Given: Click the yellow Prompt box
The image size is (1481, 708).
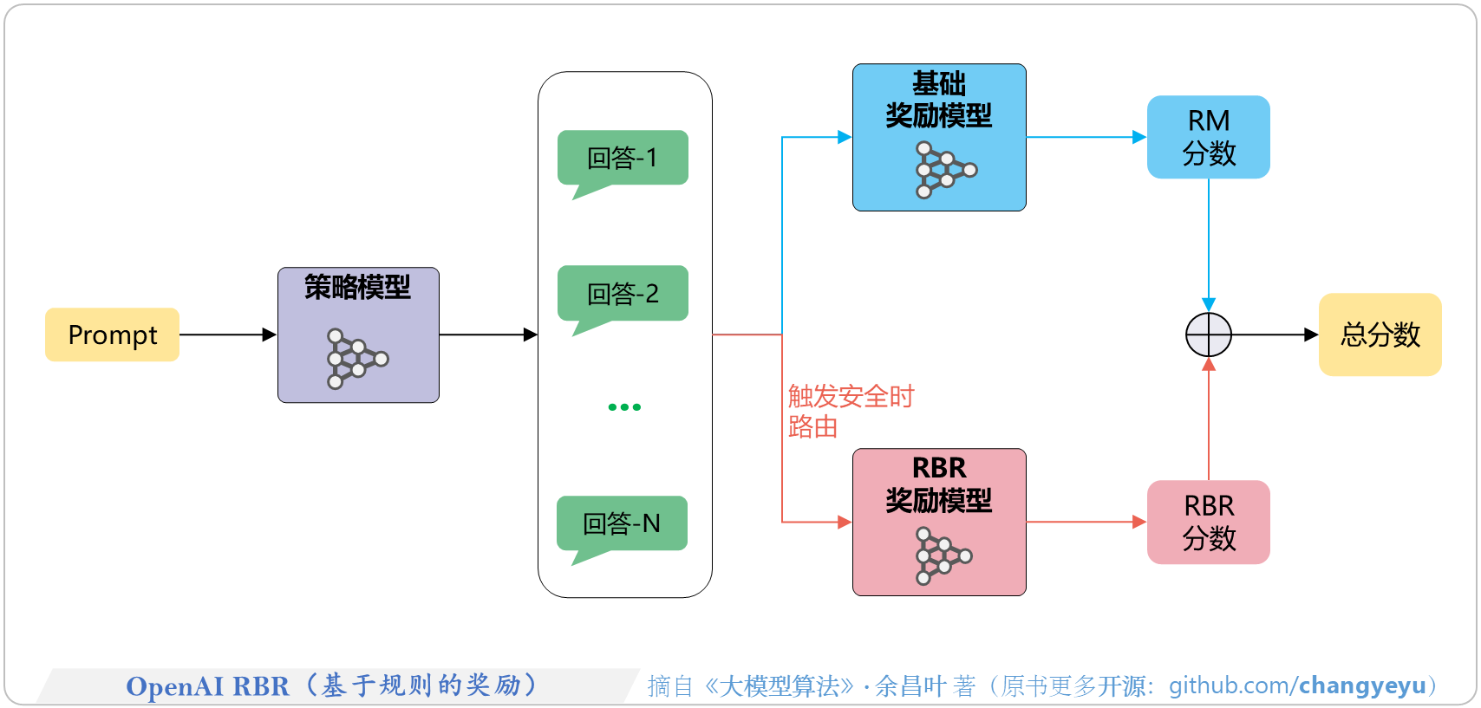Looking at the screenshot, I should point(112,335).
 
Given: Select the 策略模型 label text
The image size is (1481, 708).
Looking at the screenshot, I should point(357,287).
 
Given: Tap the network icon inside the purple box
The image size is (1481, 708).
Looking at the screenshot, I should point(356,359).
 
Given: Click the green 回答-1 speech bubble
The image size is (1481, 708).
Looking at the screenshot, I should point(623,158).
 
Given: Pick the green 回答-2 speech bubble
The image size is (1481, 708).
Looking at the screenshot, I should point(623,293).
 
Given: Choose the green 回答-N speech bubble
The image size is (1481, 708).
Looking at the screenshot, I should point(622,523).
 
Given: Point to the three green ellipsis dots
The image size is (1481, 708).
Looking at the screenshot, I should point(624,406).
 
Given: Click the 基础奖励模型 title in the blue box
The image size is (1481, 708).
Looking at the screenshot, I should point(938,100).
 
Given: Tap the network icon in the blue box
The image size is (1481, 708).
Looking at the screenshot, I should point(944,170).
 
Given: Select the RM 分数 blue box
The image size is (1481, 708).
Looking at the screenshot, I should point(1208,137).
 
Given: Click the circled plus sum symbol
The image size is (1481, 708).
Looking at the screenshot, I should point(1208,335).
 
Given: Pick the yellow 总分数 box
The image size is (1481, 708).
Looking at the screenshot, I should point(1380,335).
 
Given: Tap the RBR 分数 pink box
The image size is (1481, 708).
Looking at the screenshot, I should point(1208,522).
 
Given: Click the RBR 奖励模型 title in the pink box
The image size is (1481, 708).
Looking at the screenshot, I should point(938,484).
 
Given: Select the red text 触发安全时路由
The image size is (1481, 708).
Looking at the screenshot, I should point(850,411).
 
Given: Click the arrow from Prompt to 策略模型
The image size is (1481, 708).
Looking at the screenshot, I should point(227,335).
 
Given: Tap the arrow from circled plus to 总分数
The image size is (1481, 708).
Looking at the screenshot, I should point(1275,335).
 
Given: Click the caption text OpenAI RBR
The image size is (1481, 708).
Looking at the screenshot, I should point(207,686).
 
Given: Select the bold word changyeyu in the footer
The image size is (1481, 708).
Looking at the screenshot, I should point(1362,685).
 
